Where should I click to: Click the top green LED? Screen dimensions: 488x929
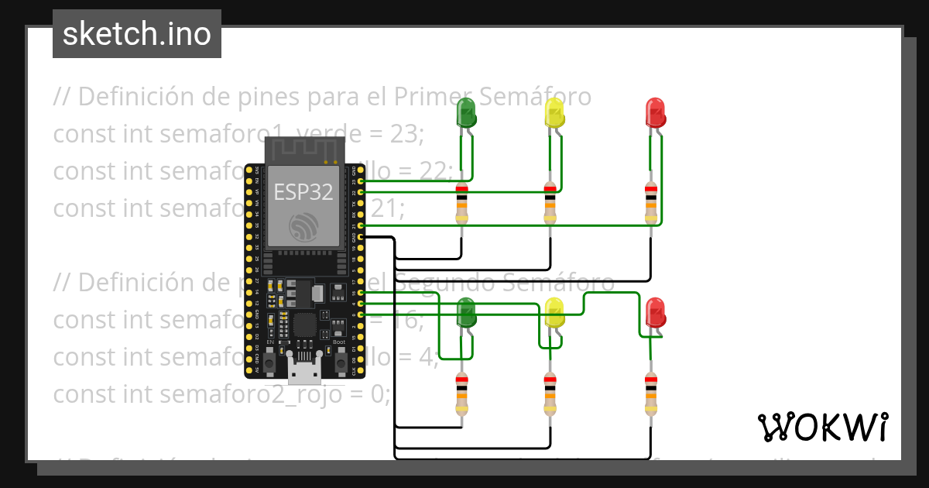click(466, 112)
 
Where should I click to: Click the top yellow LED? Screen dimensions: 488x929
click(554, 112)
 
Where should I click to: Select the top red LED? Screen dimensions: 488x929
click(655, 112)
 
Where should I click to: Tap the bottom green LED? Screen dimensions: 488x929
click(467, 313)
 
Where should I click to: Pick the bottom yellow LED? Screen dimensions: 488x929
click(555, 313)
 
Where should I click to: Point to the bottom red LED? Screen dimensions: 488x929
click(655, 312)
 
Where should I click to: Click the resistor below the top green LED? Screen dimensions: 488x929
click(462, 203)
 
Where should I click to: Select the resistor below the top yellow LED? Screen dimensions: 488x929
click(550, 203)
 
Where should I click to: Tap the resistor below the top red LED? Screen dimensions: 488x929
click(651, 203)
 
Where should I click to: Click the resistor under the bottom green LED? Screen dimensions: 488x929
click(462, 393)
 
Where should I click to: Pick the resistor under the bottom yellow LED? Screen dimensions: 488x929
click(550, 393)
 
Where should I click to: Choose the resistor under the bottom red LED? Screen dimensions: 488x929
click(651, 393)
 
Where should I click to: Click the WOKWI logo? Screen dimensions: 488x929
click(822, 427)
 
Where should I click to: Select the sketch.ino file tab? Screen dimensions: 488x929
click(137, 34)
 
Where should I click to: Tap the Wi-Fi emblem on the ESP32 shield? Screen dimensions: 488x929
click(303, 227)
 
